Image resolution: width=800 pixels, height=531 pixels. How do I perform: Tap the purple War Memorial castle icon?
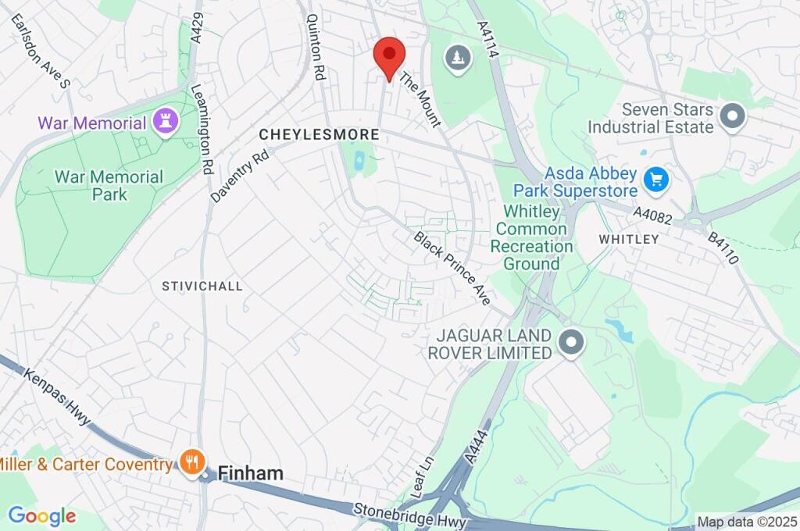tap(166, 121)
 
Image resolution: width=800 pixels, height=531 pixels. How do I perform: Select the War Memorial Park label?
tap(109, 186)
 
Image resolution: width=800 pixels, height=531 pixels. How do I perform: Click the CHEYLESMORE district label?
tap(319, 135)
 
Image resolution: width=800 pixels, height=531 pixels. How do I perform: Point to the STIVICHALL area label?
tap(202, 287)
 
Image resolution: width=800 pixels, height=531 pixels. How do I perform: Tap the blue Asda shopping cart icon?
tap(655, 181)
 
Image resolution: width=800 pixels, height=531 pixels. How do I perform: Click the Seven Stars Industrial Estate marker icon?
tap(732, 118)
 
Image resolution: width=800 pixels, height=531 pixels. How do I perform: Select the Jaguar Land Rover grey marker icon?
tap(572, 343)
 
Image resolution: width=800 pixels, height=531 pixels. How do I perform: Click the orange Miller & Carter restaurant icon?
tap(191, 462)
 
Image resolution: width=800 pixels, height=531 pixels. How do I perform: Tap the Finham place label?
tap(250, 473)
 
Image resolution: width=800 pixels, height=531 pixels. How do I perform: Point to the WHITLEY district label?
tap(629, 239)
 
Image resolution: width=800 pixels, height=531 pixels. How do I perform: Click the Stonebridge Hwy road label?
tap(410, 515)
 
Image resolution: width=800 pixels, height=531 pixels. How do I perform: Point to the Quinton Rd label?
tap(316, 47)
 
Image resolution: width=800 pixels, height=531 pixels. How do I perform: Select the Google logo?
tap(41, 515)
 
